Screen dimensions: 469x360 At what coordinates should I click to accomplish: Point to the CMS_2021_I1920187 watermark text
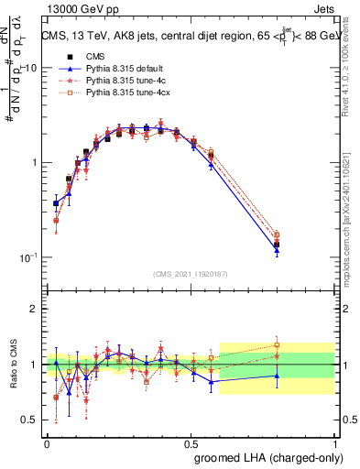[x=191, y=273]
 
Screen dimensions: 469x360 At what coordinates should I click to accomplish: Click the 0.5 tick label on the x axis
[x=191, y=442]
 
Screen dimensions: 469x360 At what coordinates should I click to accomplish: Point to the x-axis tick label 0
[x=47, y=442]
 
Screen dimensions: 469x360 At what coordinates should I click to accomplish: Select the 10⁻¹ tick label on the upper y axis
[x=28, y=257]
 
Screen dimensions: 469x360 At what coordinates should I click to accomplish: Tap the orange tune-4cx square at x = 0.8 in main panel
[x=277, y=234]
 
